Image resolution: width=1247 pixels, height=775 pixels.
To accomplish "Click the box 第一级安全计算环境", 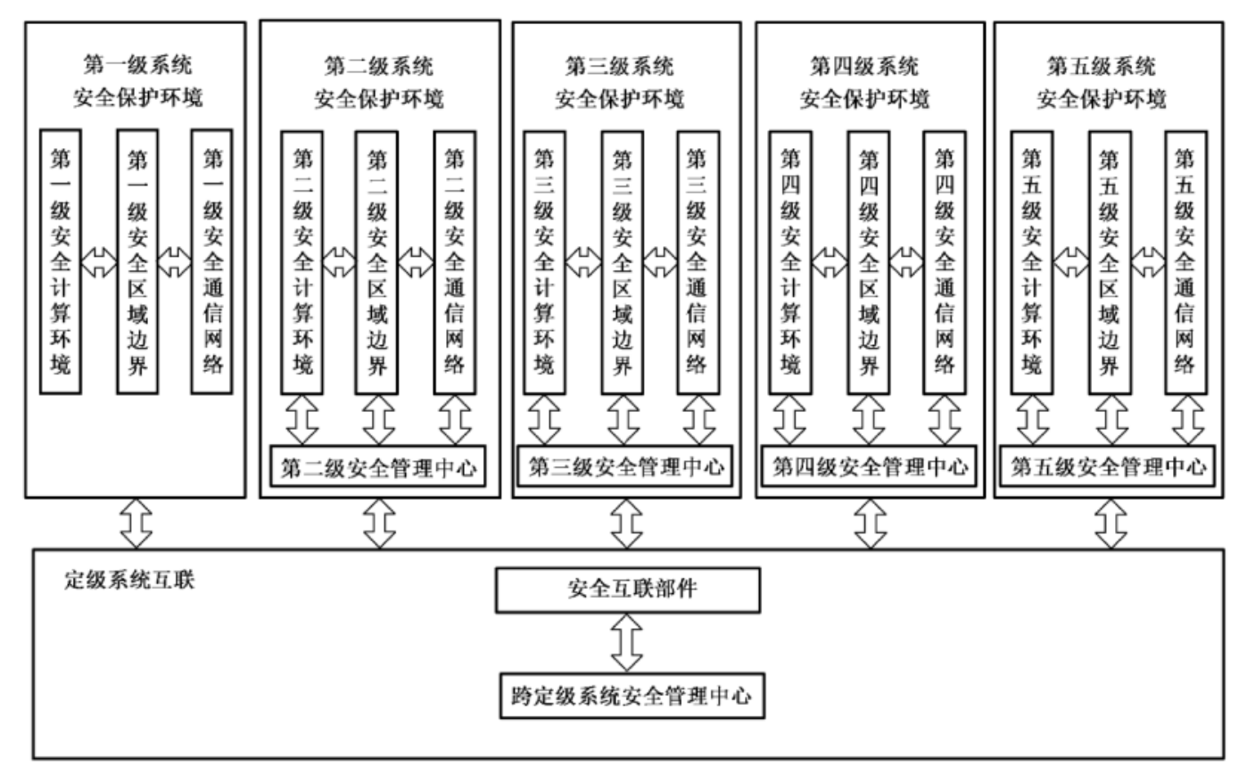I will point(61,261).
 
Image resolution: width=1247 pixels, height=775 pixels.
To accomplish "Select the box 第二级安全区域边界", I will point(377,261).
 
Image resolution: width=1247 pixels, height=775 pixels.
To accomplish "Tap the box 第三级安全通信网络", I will point(697,261).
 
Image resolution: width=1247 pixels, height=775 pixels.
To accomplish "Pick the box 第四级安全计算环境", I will point(790,261).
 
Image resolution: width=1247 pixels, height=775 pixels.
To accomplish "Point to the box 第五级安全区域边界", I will point(1109,261).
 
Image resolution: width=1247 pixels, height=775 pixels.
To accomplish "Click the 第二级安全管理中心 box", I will point(379,466).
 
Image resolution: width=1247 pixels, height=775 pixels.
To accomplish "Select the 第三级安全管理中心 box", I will point(625,466).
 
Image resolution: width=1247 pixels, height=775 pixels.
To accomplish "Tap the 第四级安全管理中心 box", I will point(870,466).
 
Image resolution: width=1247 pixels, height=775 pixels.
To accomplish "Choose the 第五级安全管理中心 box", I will point(1109,466).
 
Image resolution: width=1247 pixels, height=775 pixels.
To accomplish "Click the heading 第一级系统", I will point(137,64).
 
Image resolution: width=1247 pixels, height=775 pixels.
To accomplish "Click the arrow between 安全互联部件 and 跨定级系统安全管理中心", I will point(628,642).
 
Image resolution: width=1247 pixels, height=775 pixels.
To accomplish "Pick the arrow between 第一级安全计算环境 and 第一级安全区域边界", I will point(98,261).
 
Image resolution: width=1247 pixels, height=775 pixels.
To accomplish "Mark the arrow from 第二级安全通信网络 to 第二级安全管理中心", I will point(455,419).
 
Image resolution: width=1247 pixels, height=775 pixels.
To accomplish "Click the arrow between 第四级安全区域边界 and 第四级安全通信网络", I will point(906,261).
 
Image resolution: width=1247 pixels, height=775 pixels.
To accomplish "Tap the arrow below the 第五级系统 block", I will point(1111,524).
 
